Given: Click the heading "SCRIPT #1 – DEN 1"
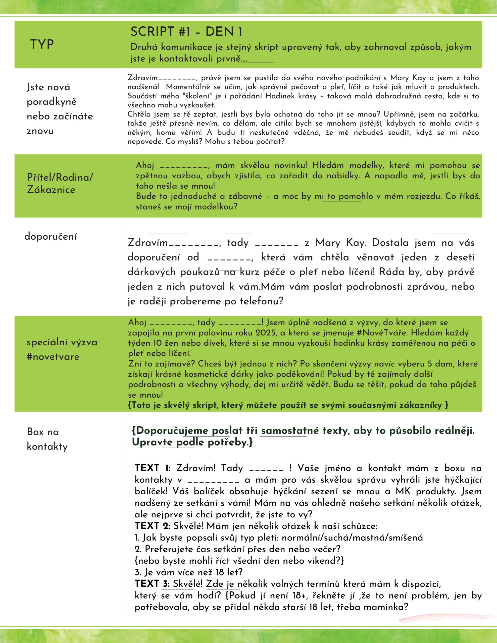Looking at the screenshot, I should tap(186, 31).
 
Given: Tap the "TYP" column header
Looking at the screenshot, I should tap(42, 44).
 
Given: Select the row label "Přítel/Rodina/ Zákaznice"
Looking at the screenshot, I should tap(60, 183).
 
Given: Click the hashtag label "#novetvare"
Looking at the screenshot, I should tap(53, 357).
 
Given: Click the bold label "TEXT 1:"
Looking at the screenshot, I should tap(152, 468).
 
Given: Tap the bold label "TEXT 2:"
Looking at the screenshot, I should tap(152, 525).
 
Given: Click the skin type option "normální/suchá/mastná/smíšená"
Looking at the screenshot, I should tap(352, 537).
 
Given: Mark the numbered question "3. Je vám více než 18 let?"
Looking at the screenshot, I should tap(188, 572).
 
